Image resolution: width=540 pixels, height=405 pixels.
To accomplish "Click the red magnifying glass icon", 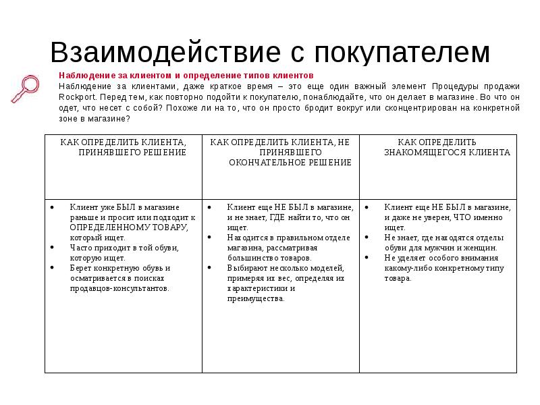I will pyautogui.click(x=26, y=87).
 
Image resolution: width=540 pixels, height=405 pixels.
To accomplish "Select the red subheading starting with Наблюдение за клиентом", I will pyautogui.click(x=186, y=76).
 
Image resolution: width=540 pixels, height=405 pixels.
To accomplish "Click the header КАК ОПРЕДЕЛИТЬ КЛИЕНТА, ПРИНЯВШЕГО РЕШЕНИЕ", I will pyautogui.click(x=124, y=147).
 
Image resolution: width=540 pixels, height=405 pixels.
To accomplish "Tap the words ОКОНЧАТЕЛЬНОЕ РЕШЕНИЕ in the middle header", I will pyautogui.click(x=290, y=163).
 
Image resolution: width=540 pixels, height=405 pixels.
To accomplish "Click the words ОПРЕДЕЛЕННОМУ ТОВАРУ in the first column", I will pyautogui.click(x=129, y=227).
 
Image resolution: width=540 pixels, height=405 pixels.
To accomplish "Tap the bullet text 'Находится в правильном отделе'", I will pyautogui.click(x=288, y=238).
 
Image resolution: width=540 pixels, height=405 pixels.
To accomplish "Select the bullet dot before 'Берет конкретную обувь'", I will pyautogui.click(x=53, y=268).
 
